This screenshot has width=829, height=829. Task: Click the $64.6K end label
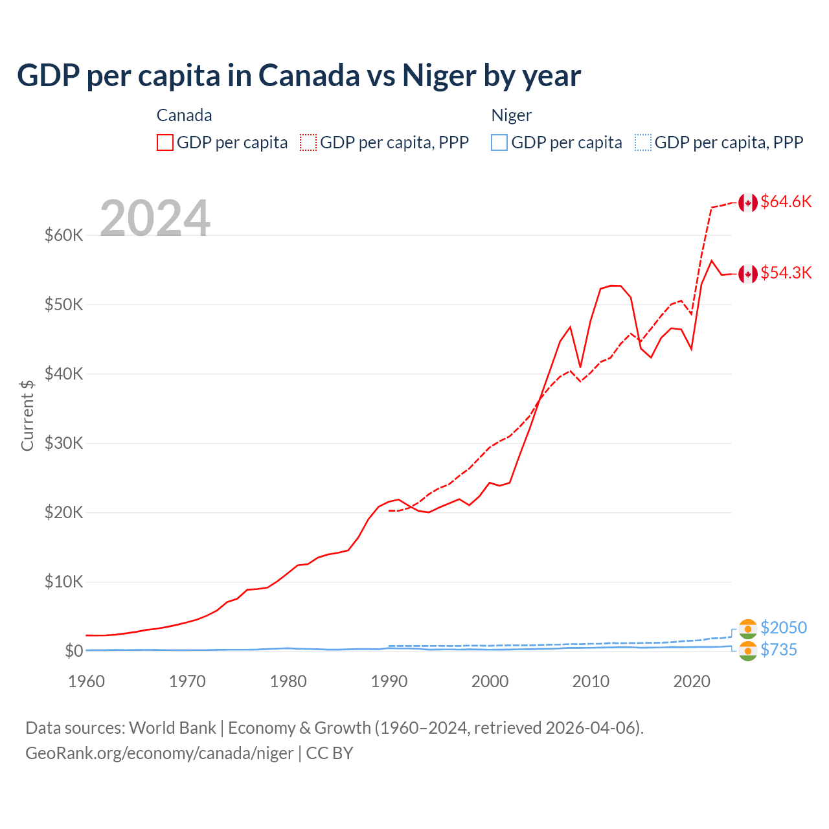[786, 202]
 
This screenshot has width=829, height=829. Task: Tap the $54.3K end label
[786, 273]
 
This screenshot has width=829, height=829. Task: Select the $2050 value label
[784, 628]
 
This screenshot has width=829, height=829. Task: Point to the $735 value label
[778, 650]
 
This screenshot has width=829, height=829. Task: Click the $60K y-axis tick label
[63, 235]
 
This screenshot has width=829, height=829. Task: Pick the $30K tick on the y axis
[63, 444]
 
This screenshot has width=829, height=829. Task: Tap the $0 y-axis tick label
[74, 652]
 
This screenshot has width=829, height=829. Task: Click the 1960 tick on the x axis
[86, 682]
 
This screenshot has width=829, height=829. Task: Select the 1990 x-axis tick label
[389, 682]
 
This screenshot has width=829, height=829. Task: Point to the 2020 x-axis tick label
[692, 682]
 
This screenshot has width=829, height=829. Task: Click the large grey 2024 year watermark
[155, 218]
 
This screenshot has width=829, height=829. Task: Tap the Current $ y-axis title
[27, 415]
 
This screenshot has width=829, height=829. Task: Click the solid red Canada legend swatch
[165, 142]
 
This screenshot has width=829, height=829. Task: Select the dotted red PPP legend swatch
[308, 142]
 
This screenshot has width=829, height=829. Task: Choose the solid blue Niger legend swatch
[499, 142]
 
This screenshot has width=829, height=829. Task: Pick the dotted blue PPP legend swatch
[643, 142]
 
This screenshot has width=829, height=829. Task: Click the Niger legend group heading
[511, 116]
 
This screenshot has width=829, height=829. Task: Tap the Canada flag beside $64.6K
[748, 203]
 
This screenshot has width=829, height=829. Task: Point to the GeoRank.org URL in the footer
[159, 754]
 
